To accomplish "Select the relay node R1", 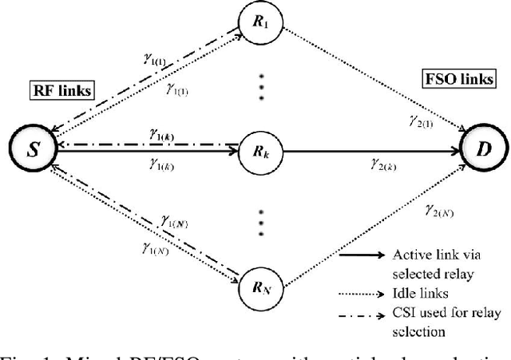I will [x=263, y=24].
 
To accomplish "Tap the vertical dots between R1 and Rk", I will [x=263, y=83].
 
